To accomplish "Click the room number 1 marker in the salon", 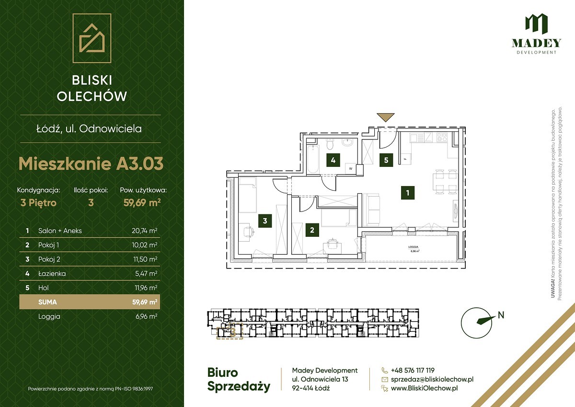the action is click(408, 193).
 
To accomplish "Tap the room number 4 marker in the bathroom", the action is click(333, 160).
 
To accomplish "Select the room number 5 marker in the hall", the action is click(386, 160).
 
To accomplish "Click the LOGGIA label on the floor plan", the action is click(413, 247).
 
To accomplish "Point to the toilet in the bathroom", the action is click(330, 144).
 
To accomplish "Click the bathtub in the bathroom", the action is click(313, 159).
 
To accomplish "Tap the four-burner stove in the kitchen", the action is click(442, 137).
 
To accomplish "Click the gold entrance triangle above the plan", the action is click(385, 117).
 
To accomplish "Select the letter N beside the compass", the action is click(501, 315).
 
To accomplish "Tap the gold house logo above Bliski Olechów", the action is click(92, 38).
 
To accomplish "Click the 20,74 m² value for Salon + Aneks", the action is click(144, 231).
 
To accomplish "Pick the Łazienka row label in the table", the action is click(52, 273).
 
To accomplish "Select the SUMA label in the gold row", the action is click(47, 302).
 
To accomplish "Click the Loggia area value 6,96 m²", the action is click(146, 316).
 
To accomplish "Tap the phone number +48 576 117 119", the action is click(413, 370).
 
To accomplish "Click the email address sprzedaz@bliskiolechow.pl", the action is click(432, 379).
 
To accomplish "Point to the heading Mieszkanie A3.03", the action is click(91, 163).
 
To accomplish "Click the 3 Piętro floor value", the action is click(38, 203).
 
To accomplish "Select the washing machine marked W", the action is click(351, 168).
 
